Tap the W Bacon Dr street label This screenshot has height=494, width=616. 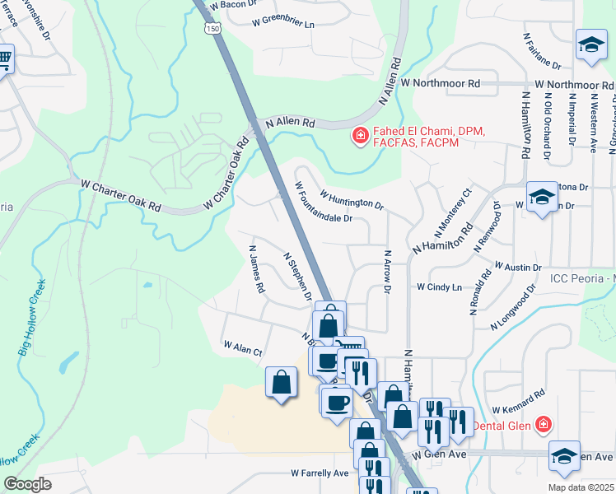coord(234,5)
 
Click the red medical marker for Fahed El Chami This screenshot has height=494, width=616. coord(359,136)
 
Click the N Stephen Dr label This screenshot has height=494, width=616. coord(297,275)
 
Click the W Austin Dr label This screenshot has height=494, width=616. coord(516,268)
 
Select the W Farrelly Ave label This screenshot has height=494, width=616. coord(320,473)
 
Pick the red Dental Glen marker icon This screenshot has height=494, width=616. coord(543,425)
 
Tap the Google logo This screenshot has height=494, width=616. coord(27,484)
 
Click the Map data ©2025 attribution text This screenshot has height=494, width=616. coord(580,487)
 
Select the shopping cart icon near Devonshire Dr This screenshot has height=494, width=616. coord(4,58)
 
